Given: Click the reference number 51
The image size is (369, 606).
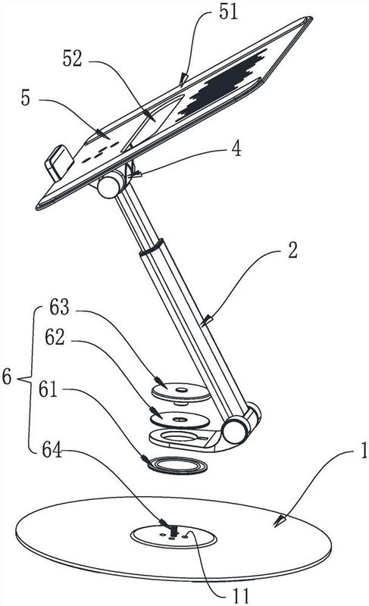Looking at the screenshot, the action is tap(228, 12).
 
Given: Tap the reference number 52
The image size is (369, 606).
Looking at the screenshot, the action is tap(73, 59).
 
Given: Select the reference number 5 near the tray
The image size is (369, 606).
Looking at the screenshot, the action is tap(26, 98).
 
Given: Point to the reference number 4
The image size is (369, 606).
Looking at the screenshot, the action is tap(236, 148).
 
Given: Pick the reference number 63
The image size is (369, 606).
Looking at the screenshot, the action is tap(60, 308).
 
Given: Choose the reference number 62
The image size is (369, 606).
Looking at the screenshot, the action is tap(55, 337).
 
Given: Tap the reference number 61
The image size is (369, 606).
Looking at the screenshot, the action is tap(48, 389).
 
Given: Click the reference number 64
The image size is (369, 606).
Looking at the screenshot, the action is tap(52, 449).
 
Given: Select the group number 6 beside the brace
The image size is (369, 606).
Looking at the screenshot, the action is tap(7, 376).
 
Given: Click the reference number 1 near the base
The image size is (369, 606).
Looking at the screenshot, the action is tap(364, 451).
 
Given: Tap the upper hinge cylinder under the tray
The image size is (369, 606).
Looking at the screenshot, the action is tap(110, 185).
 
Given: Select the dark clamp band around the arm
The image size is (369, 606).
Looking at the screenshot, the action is tap(152, 248).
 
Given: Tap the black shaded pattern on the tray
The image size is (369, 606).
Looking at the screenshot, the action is tap(222, 83).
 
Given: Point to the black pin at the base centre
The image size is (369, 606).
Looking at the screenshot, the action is tap(173, 531).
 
